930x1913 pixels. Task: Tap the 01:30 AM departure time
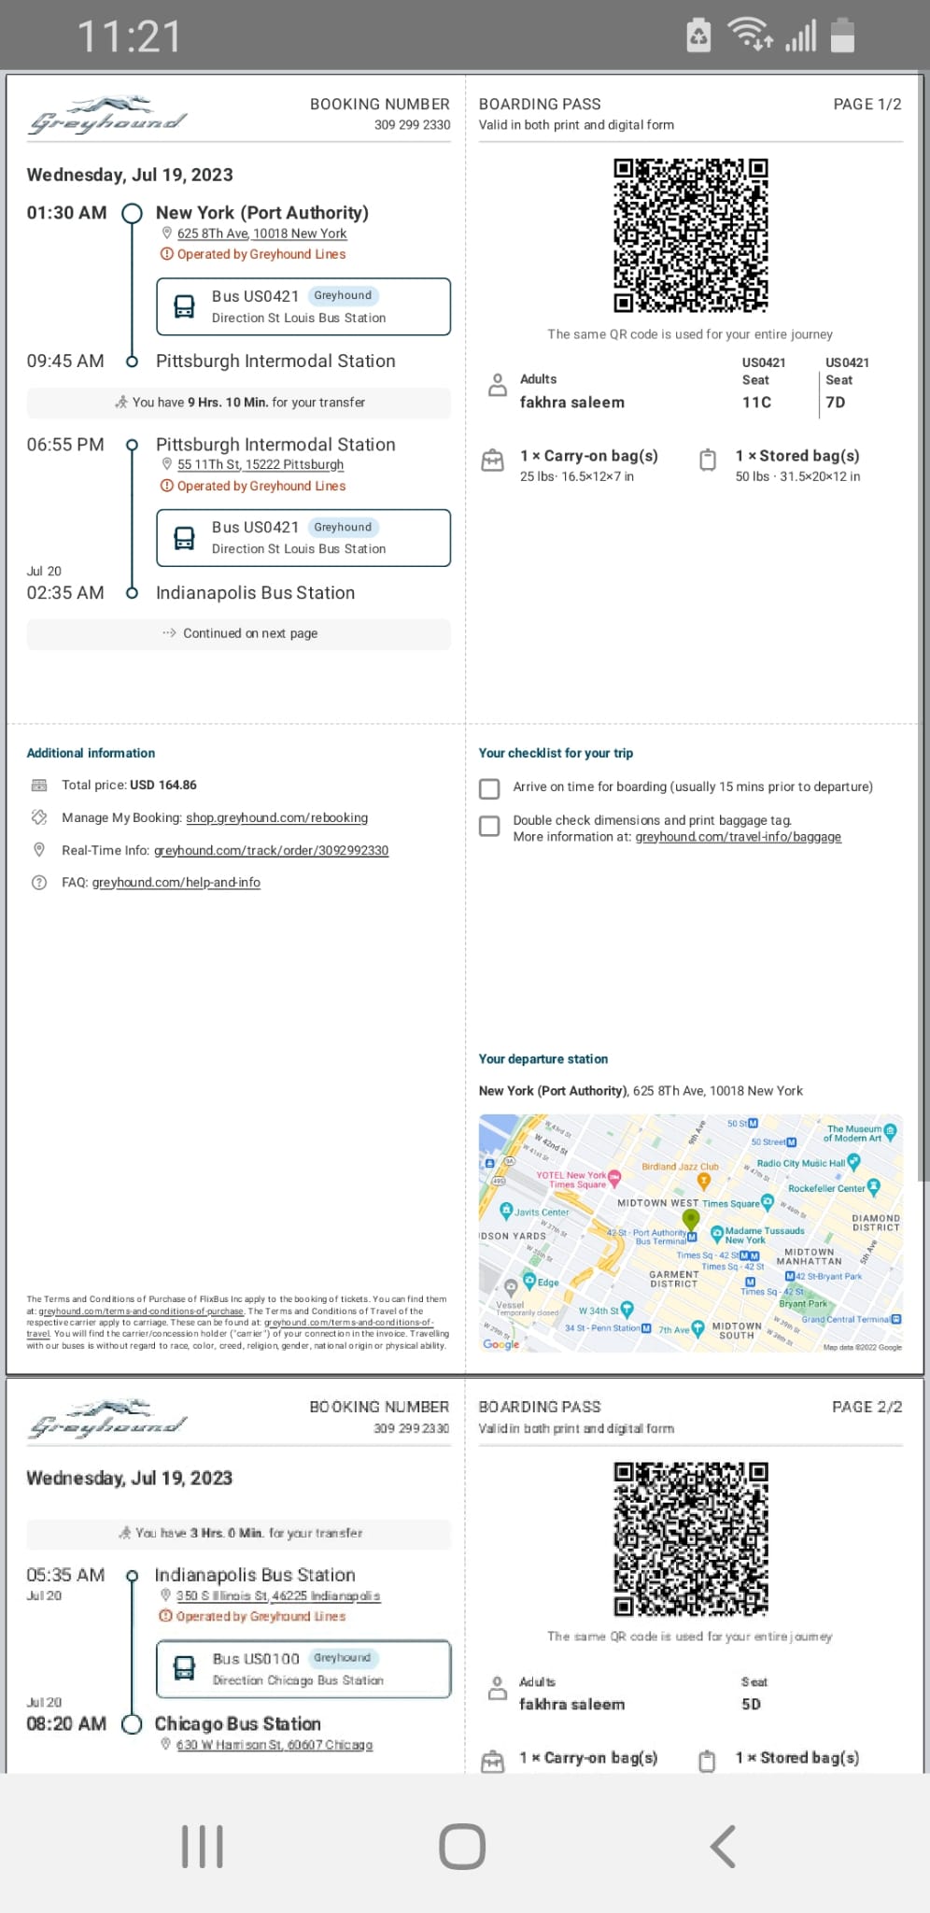(x=66, y=213)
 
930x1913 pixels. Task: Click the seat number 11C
(x=756, y=403)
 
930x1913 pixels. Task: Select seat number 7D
(x=836, y=403)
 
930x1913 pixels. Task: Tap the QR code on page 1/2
(x=690, y=235)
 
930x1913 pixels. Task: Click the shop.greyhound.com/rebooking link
(x=276, y=818)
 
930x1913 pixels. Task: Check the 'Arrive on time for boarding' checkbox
(x=489, y=788)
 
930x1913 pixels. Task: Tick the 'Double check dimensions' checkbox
(x=489, y=826)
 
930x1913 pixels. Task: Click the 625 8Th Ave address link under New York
(x=261, y=234)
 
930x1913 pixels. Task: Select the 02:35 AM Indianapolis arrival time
(x=65, y=593)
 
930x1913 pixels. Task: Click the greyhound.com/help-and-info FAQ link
(x=176, y=883)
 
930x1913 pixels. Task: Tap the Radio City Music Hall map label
(x=800, y=1164)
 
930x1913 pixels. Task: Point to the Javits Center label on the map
(x=542, y=1212)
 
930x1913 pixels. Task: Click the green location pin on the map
(x=691, y=1218)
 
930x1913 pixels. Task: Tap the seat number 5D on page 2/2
(x=751, y=1705)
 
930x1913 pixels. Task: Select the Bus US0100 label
(x=256, y=1659)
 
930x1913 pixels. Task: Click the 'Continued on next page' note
(x=249, y=633)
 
